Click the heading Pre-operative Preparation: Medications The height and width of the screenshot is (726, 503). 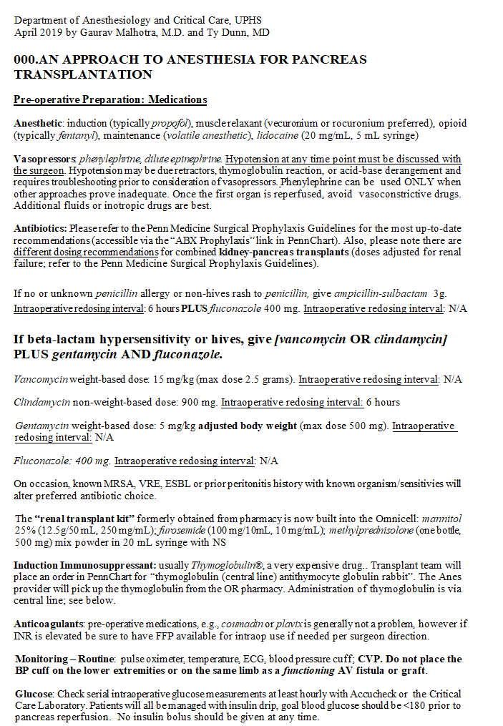110,100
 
